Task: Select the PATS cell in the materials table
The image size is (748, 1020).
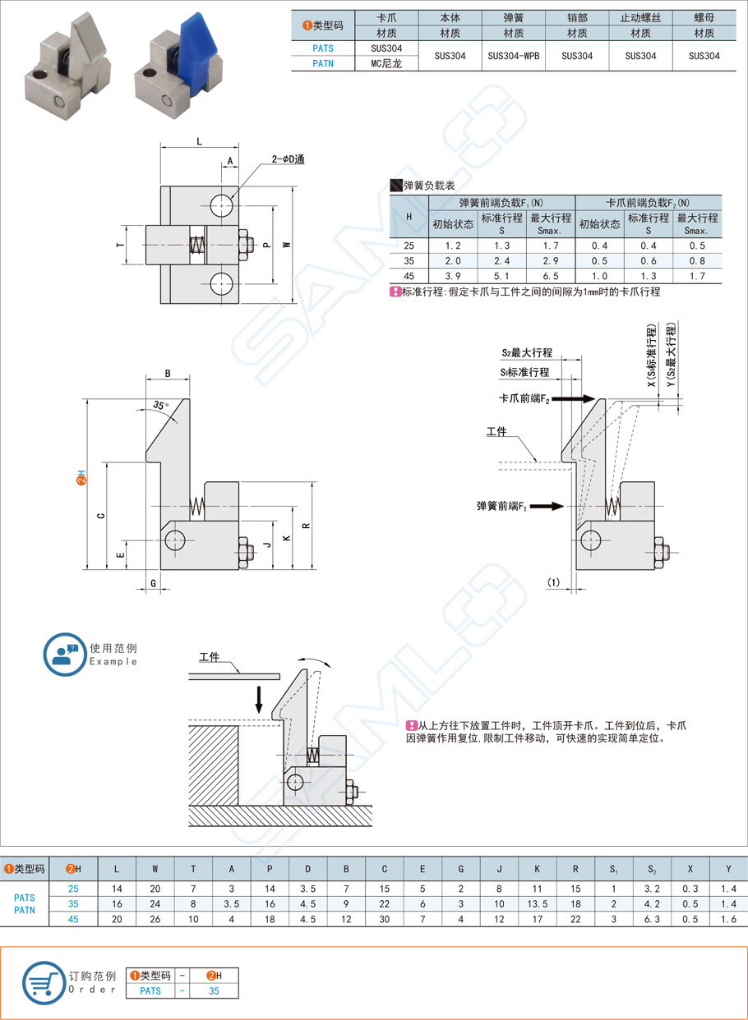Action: click(x=323, y=48)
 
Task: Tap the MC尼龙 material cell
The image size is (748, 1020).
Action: click(x=387, y=63)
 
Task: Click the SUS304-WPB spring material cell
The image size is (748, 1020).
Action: click(x=514, y=56)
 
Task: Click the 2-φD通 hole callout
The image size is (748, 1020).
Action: click(x=289, y=159)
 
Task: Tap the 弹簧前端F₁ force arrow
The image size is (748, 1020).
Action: click(x=547, y=507)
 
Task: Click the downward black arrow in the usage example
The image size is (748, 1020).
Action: click(x=259, y=699)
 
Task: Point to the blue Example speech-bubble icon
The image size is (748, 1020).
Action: click(x=64, y=654)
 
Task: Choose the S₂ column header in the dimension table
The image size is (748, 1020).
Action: click(x=652, y=868)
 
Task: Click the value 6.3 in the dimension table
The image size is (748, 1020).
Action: click(x=652, y=919)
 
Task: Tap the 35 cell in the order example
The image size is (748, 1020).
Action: click(x=214, y=991)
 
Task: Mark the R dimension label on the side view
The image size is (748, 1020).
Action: click(x=306, y=526)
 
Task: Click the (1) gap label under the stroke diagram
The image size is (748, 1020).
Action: click(x=553, y=582)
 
